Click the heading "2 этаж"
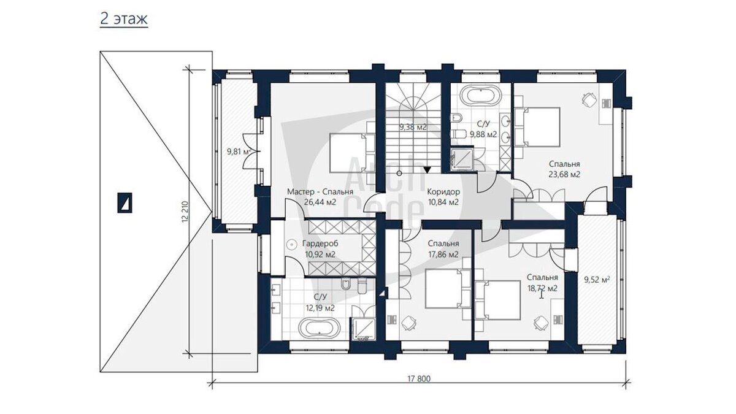click(124, 19)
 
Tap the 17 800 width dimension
click(419, 379)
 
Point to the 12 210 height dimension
click(185, 212)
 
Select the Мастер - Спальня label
click(320, 191)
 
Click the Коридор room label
click(443, 191)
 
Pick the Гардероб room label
click(320, 244)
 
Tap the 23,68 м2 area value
click(564, 174)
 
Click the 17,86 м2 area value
click(443, 255)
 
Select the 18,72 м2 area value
click(542, 288)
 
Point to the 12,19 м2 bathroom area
click(320, 308)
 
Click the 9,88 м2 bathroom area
click(483, 134)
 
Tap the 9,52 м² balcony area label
click(597, 280)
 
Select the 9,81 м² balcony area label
click(239, 151)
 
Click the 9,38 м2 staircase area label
click(413, 127)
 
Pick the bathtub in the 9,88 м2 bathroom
click(481, 95)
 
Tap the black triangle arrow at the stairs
click(427, 169)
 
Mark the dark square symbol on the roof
click(125, 203)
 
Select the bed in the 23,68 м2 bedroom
click(537, 127)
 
